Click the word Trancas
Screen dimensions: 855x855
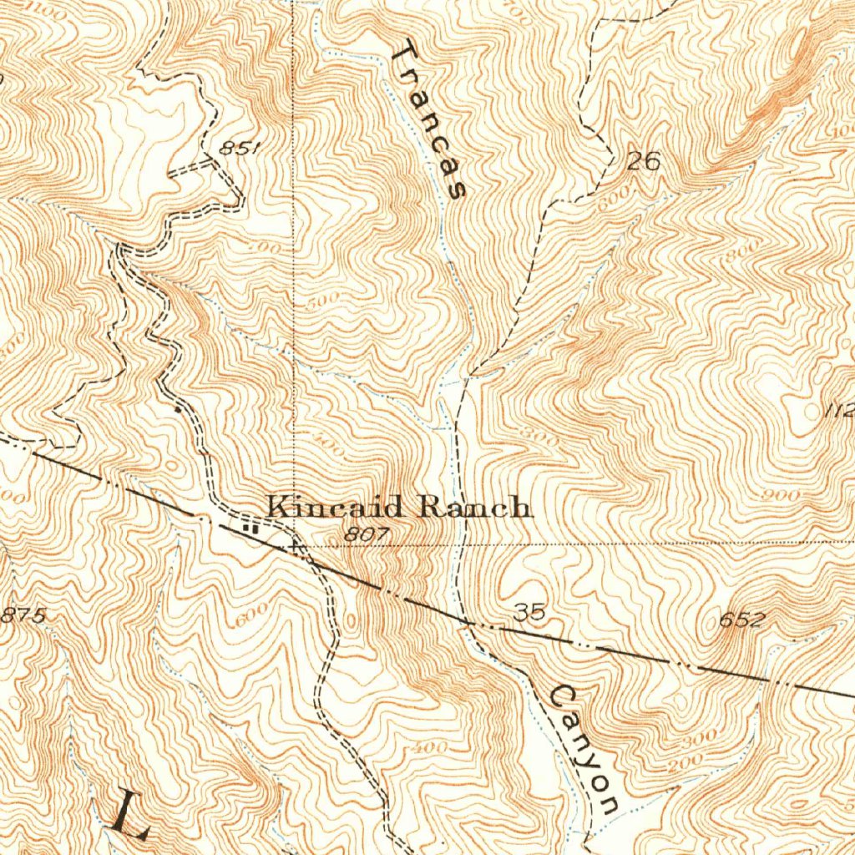coord(427,122)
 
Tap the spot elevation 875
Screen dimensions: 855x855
coord(23,615)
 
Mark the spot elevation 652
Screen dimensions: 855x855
coord(741,620)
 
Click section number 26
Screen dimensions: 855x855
coord(643,161)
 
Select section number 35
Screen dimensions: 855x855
coord(530,613)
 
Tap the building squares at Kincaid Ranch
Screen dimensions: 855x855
coord(248,527)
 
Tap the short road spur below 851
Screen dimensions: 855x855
coord(192,169)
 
